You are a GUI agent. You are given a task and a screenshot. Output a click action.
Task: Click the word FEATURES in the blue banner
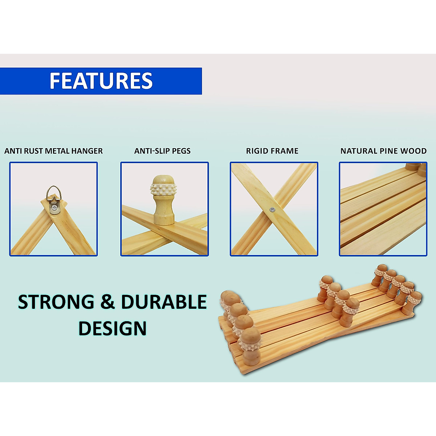click(x=101, y=81)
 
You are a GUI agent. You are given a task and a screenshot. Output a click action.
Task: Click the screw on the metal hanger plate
click(x=54, y=208)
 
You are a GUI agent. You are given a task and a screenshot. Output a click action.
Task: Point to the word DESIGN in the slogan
click(x=112, y=328)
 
